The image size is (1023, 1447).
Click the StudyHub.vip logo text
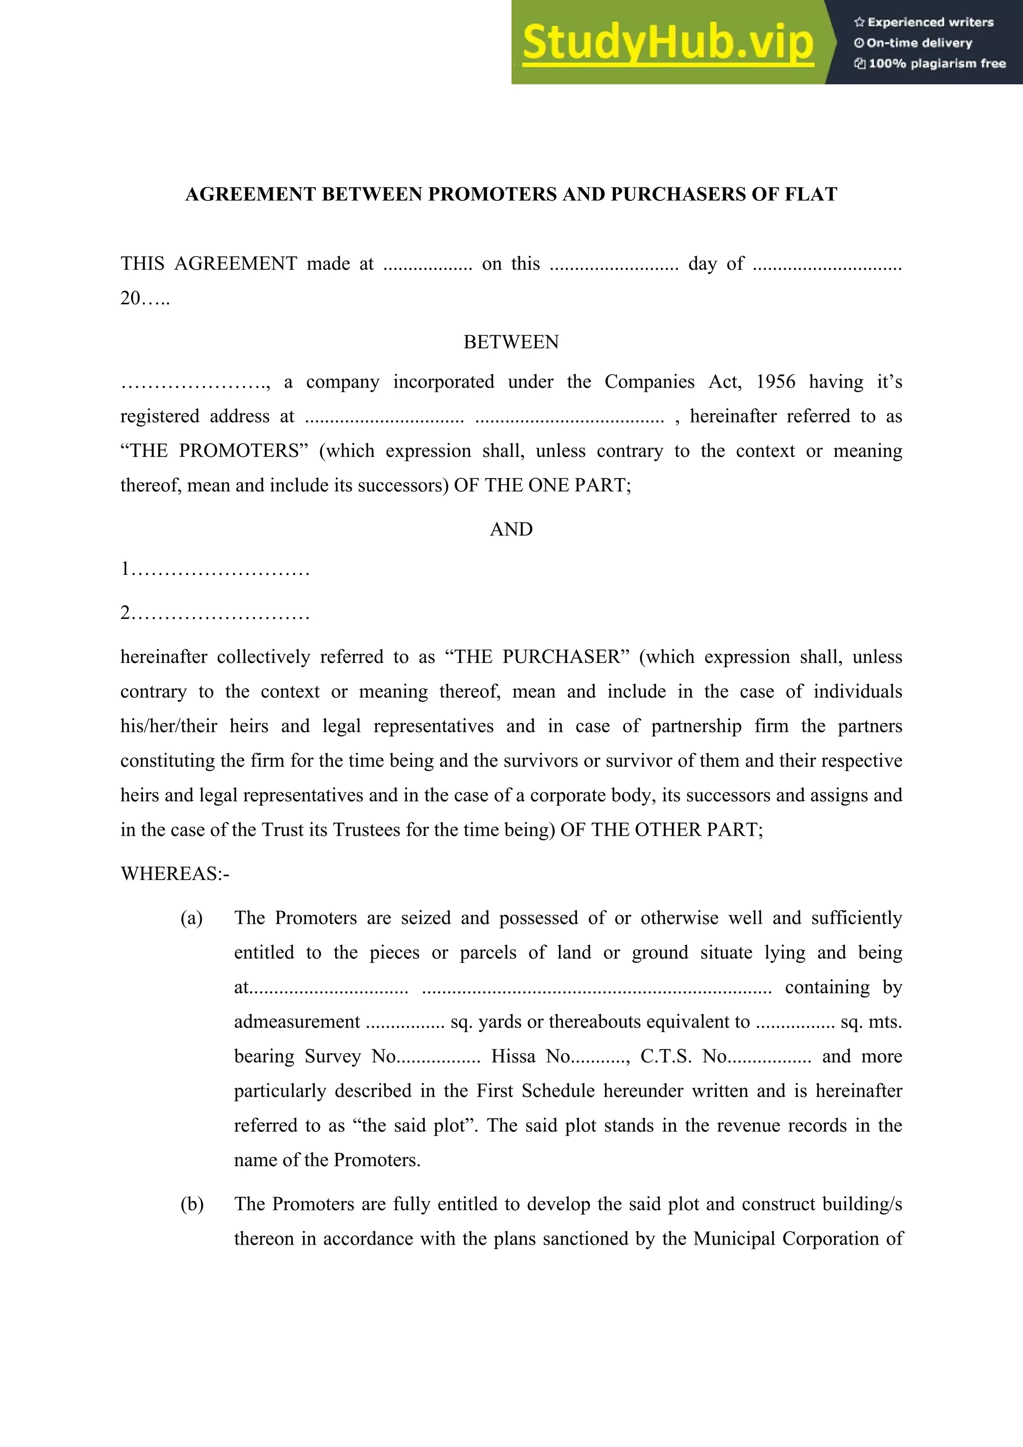point(667,43)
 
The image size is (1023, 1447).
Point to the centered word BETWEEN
point(511,342)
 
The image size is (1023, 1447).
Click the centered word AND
point(511,529)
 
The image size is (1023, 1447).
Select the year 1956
point(775,382)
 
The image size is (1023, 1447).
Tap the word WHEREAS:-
point(175,874)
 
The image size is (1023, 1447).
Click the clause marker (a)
point(192,918)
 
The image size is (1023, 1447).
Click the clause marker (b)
point(192,1204)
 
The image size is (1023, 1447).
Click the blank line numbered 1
point(215,570)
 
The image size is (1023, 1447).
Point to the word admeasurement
point(297,1021)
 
